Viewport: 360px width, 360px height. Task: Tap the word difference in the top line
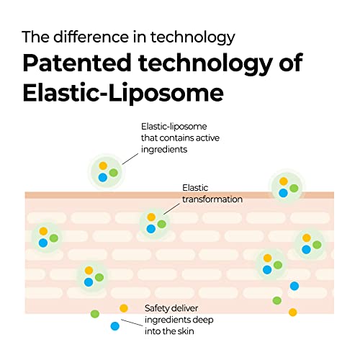point(91,37)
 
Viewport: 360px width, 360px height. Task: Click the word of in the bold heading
point(291,63)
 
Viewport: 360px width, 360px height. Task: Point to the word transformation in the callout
point(212,199)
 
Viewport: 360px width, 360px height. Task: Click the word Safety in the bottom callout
point(158,308)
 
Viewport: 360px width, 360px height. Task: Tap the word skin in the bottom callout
point(186,331)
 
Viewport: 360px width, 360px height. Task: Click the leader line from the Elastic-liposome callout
point(130,159)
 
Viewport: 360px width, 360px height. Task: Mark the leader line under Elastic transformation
point(171,209)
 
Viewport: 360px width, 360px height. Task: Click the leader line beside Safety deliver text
point(132,323)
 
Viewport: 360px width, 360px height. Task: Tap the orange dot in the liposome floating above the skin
point(103,166)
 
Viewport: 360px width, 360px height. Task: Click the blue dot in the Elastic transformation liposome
point(151,229)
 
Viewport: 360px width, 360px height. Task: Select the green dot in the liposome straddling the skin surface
point(294,188)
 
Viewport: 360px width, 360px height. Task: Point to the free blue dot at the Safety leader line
point(115,326)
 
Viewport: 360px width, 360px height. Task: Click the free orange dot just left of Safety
point(124,308)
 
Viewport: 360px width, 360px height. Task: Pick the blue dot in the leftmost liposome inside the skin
point(43,243)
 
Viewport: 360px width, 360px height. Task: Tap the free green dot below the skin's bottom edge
point(95,314)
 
